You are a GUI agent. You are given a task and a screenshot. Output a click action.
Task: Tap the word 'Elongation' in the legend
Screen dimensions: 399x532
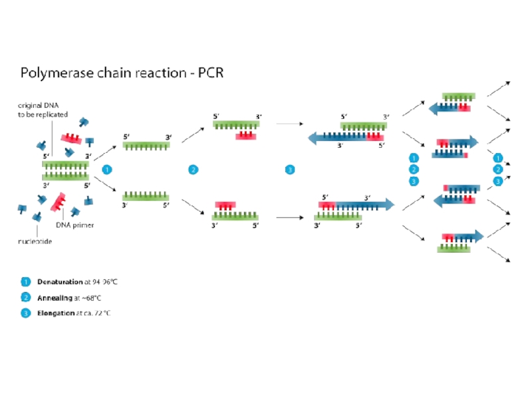click(56, 313)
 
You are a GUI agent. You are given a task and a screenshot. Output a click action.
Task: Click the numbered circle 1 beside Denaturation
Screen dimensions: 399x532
click(25, 281)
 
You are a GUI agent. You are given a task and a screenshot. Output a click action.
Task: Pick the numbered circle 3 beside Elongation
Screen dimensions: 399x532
click(25, 313)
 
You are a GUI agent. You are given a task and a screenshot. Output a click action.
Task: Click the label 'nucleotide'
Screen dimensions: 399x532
click(35, 241)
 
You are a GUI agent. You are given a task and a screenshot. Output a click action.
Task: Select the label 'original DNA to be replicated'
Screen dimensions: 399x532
click(43, 110)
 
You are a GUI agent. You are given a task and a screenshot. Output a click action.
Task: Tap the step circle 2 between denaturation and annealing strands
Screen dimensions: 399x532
click(194, 170)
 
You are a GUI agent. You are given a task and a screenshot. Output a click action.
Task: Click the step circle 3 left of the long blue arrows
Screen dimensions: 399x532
click(290, 170)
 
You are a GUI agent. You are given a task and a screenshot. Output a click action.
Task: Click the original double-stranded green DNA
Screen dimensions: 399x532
click(66, 170)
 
